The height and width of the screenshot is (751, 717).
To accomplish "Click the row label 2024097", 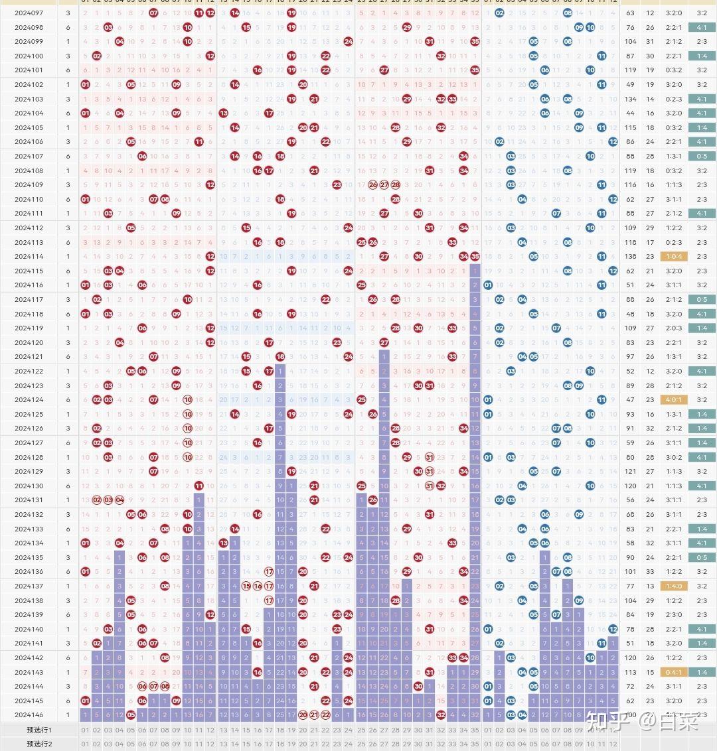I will click(29, 13).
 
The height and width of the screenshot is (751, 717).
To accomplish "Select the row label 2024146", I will click(29, 715).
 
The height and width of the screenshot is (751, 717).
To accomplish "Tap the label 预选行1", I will click(39, 730).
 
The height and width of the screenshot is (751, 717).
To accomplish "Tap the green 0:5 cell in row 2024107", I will click(702, 157).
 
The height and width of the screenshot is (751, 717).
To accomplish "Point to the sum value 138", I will click(630, 257).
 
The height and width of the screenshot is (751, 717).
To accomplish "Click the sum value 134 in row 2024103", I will click(630, 99).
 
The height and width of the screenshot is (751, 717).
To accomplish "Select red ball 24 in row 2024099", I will click(348, 42).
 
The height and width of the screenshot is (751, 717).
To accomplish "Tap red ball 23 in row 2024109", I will click(337, 185).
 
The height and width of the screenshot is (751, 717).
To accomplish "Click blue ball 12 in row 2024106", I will click(613, 142).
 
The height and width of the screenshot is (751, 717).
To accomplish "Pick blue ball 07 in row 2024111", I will click(556, 214).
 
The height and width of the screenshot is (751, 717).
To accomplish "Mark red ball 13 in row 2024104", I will click(223, 113).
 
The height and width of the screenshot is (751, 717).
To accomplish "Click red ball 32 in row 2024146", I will click(441, 715).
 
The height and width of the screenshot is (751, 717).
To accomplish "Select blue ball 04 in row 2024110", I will click(522, 199).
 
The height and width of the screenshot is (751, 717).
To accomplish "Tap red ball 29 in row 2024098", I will click(407, 27).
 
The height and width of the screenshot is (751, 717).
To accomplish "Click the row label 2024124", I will click(29, 400).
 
